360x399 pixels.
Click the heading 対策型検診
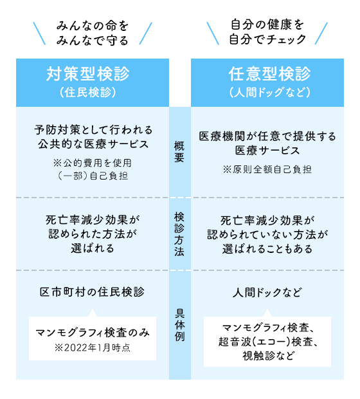(x=88, y=73)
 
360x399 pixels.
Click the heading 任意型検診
(x=269, y=73)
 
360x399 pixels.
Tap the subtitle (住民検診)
(x=88, y=92)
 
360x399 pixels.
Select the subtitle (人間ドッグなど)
(x=269, y=92)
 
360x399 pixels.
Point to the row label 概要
(x=179, y=152)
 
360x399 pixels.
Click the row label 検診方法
(x=179, y=234)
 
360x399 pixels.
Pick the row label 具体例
(x=179, y=325)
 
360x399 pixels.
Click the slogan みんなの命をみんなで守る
(x=93, y=33)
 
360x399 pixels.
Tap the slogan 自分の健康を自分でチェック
(x=267, y=32)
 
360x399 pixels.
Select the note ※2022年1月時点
(x=93, y=348)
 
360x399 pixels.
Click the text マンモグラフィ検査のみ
(x=93, y=332)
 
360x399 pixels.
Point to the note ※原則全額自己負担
(x=267, y=169)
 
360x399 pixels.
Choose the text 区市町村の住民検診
(x=92, y=292)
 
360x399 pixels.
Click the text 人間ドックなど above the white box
(x=267, y=292)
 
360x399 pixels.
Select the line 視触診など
(x=268, y=356)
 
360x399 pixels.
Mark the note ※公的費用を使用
(x=93, y=163)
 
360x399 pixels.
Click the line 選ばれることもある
(x=267, y=248)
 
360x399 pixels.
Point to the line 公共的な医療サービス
(x=93, y=144)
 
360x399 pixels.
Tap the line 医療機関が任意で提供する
(x=267, y=136)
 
